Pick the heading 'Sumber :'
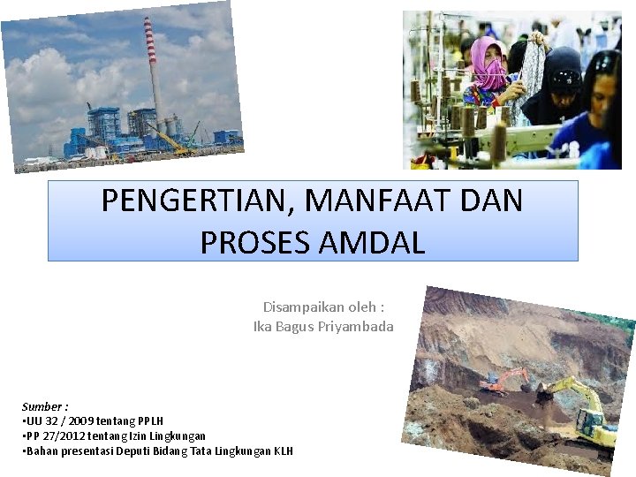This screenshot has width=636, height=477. pos(45,406)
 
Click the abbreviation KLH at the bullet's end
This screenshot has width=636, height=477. pos(284,451)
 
